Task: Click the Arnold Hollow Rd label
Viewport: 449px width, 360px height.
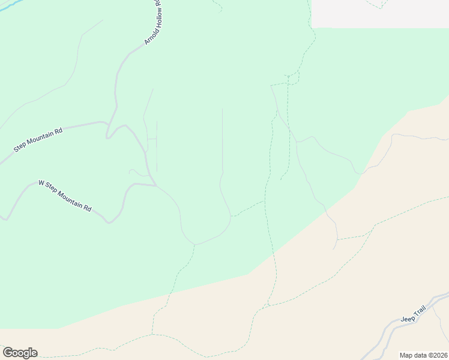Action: [x=153, y=23]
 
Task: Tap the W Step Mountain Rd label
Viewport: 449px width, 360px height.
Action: [x=65, y=195]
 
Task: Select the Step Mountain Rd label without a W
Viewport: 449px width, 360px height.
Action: [x=38, y=140]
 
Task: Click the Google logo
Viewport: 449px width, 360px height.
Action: [x=20, y=353]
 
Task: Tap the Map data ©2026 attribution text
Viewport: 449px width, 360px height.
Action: [x=423, y=355]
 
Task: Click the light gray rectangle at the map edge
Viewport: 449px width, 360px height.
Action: [x=380, y=14]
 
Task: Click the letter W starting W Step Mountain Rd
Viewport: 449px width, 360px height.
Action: [x=41, y=182]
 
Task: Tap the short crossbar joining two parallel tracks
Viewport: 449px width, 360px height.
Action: [x=152, y=139]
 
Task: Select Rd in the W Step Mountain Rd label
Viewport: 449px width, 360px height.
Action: [x=88, y=208]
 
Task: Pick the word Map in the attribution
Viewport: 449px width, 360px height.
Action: [x=406, y=355]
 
